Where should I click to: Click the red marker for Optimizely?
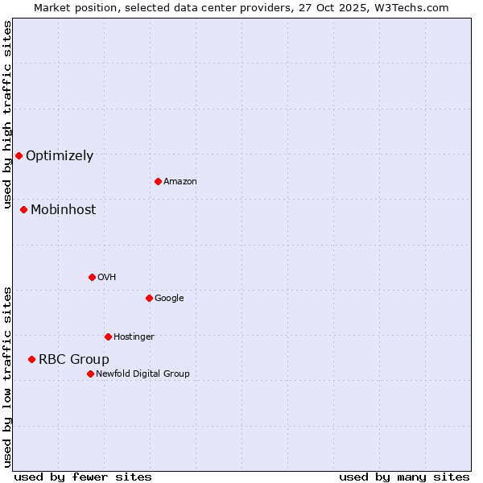(x=19, y=155)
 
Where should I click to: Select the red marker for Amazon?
(x=158, y=181)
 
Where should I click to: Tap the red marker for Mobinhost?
(x=23, y=209)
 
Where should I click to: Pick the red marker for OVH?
(x=92, y=277)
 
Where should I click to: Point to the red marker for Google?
(x=149, y=298)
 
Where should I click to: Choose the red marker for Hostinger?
(x=108, y=336)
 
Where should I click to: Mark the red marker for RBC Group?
(x=31, y=359)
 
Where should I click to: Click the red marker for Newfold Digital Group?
(x=90, y=374)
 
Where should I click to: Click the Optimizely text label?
(x=60, y=156)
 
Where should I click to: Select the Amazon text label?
(x=180, y=182)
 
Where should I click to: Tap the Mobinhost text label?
(x=63, y=210)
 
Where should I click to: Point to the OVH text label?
(x=107, y=278)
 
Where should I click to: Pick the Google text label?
(x=169, y=299)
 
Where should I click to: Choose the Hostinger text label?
(x=134, y=337)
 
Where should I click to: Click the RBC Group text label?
(x=74, y=360)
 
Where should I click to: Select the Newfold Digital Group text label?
(x=142, y=374)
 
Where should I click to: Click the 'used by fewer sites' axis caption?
(x=83, y=477)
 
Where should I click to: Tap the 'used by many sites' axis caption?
(x=404, y=477)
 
